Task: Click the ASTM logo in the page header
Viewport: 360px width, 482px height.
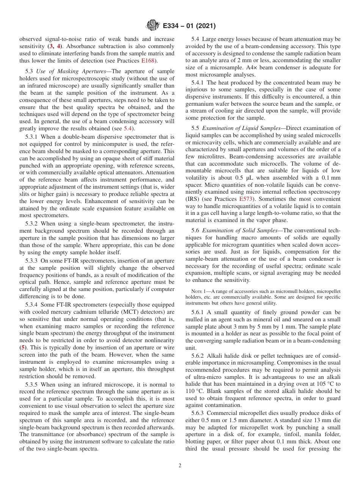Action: tap(152, 26)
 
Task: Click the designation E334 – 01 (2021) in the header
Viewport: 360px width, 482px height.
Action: tap(189, 26)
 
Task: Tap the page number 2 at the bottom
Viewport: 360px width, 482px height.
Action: tap(180, 466)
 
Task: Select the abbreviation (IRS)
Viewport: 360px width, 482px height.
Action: tap(193, 199)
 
